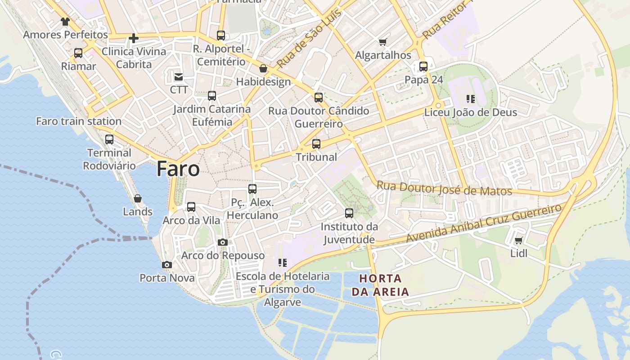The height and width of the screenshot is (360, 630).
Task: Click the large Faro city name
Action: pyautogui.click(x=178, y=169)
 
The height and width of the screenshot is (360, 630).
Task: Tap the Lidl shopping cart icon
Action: pyautogui.click(x=518, y=241)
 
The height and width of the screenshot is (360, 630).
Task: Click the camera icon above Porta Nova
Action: pyautogui.click(x=167, y=265)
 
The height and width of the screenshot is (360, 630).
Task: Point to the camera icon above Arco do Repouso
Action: pyautogui.click(x=222, y=242)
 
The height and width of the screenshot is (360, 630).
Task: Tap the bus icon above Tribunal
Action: pyautogui.click(x=316, y=144)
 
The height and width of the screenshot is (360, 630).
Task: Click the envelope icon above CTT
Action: pyautogui.click(x=179, y=76)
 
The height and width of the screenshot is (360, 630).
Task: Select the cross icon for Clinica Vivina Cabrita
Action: pyautogui.click(x=133, y=38)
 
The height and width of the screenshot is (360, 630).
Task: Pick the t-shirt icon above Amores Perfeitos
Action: pyautogui.click(x=65, y=21)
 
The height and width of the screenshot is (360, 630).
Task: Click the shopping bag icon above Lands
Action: pyautogui.click(x=138, y=198)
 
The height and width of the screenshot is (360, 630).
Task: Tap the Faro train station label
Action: pyautogui.click(x=79, y=121)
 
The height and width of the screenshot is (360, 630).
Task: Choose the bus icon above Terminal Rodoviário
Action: pyautogui.click(x=109, y=139)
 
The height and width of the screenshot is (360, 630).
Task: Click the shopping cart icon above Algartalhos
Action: pyautogui.click(x=382, y=42)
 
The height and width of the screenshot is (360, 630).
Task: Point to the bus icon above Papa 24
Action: pyautogui.click(x=423, y=67)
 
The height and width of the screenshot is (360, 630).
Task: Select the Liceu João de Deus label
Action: pyautogui.click(x=471, y=112)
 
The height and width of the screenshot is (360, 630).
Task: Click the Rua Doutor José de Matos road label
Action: pyautogui.click(x=444, y=188)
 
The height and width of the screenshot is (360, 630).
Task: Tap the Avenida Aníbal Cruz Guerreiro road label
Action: pyautogui.click(x=484, y=223)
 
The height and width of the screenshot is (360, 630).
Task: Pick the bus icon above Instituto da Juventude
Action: pyautogui.click(x=349, y=213)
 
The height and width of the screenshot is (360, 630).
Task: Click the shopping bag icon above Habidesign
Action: pyautogui.click(x=263, y=69)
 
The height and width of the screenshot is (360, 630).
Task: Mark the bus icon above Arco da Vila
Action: pyautogui.click(x=191, y=207)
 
